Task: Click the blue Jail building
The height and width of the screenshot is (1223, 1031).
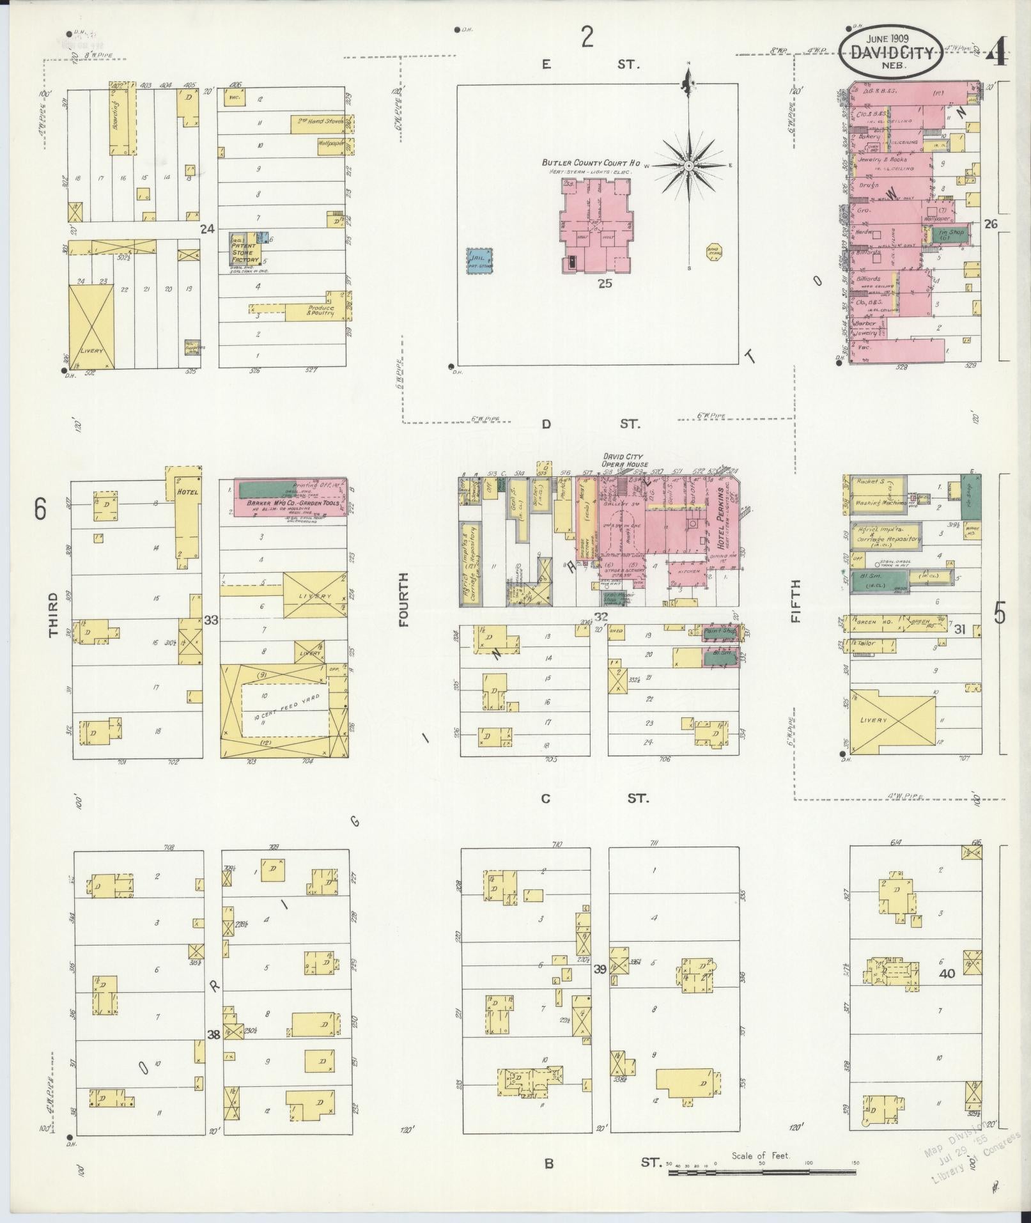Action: coord(480,261)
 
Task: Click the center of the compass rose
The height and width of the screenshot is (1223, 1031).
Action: coord(689,166)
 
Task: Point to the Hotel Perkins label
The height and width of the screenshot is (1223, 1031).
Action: coord(722,527)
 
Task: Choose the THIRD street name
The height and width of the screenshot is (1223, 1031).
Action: coord(54,614)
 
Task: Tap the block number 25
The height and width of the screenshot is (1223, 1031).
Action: coord(605,283)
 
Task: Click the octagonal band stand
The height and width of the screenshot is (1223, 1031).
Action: coord(715,253)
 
